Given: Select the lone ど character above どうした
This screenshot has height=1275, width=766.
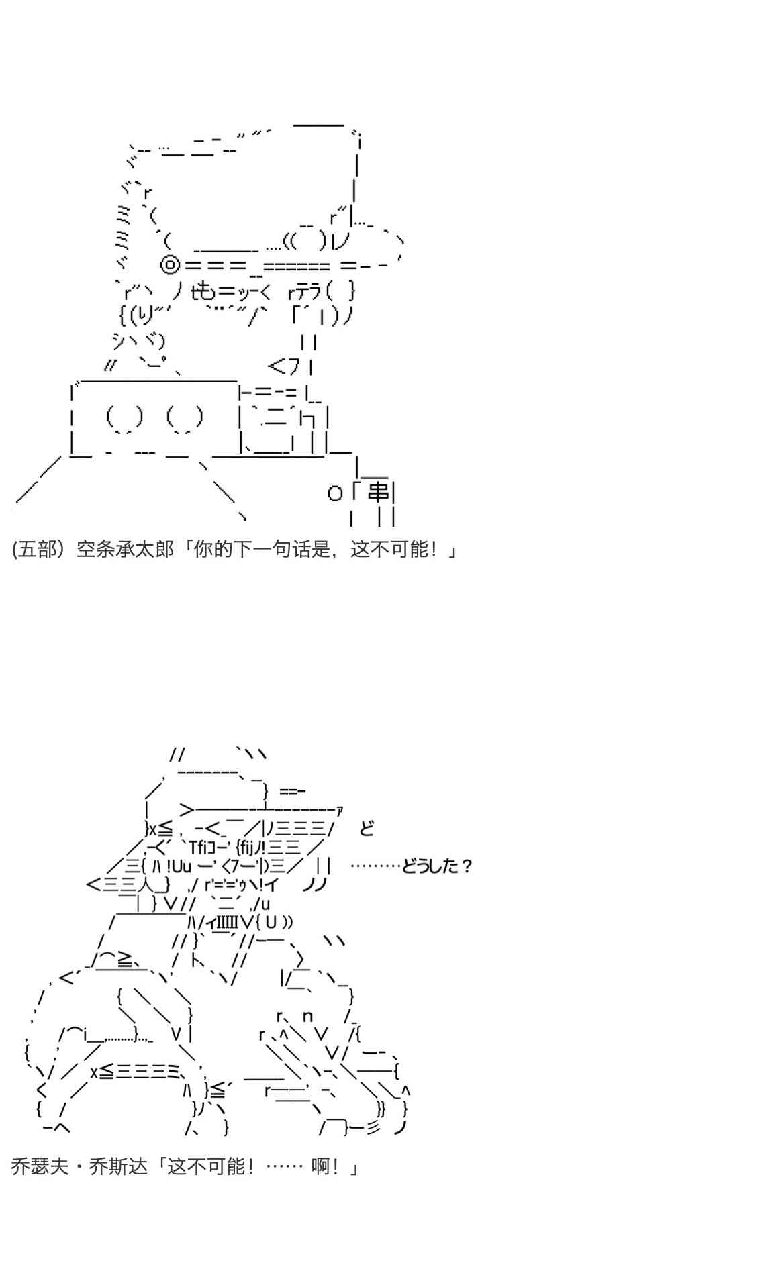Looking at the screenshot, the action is (x=367, y=828).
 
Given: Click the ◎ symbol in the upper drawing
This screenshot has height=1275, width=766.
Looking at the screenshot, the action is (x=171, y=266).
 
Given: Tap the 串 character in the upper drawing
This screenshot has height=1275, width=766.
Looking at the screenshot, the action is (x=378, y=493).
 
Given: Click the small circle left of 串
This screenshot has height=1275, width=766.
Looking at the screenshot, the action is (x=335, y=494).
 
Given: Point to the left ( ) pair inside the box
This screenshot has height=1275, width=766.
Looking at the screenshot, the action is (x=125, y=417).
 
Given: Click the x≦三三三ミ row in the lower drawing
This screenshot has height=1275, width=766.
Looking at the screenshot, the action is (x=142, y=1072).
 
